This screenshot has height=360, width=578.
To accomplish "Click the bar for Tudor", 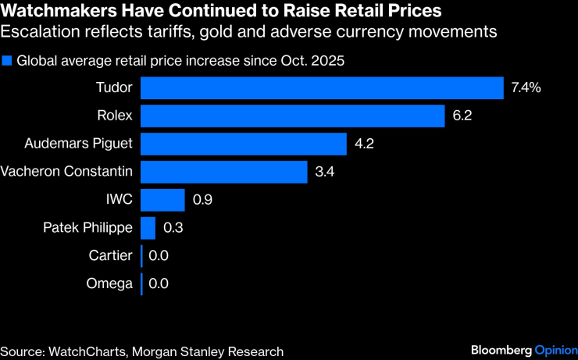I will [x=322, y=87].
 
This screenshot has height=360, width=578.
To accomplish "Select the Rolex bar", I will [x=293, y=116].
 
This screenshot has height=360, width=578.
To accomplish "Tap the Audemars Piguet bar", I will [x=244, y=144].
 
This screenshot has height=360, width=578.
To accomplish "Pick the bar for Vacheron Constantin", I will [x=224, y=171].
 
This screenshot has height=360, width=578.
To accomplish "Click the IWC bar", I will [x=162, y=200].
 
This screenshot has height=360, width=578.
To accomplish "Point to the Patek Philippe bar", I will [x=148, y=228].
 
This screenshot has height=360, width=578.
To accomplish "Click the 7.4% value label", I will [x=526, y=87].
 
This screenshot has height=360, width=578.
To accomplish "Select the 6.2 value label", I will [x=463, y=116].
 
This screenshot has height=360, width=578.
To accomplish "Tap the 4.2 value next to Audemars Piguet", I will [x=365, y=144].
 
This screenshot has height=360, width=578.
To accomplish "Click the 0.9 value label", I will [x=202, y=200].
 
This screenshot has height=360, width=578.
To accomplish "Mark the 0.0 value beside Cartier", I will [x=159, y=255].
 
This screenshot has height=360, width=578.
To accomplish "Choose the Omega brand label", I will [x=109, y=283].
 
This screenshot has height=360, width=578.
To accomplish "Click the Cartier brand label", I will [x=111, y=255].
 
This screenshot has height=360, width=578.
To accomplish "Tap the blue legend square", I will [x=7, y=60].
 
